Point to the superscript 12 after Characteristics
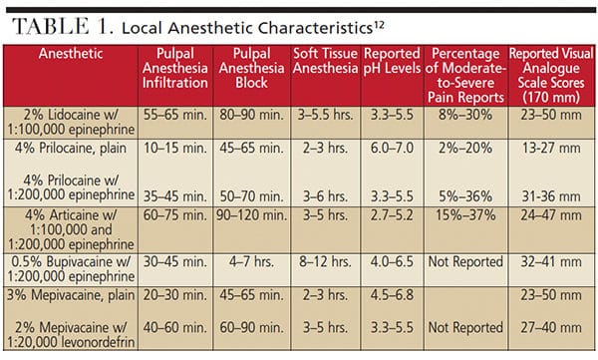(x=379, y=26)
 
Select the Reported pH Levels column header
(x=392, y=61)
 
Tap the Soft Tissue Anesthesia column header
(x=325, y=61)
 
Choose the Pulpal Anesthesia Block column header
(x=251, y=68)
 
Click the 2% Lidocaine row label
(x=71, y=123)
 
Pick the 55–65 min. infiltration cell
(x=175, y=115)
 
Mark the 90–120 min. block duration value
(x=251, y=215)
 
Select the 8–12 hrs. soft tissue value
(x=325, y=262)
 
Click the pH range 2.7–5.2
(x=392, y=215)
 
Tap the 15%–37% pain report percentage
(x=465, y=215)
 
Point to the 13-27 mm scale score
(x=551, y=149)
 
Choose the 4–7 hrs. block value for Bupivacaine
(x=251, y=262)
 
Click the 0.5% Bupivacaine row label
(x=71, y=269)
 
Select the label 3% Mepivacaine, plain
(x=71, y=295)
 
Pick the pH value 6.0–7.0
(x=392, y=149)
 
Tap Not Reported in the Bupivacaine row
(x=465, y=262)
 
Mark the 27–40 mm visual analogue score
(x=551, y=327)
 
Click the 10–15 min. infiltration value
(x=175, y=149)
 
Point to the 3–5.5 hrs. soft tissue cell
(x=325, y=115)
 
